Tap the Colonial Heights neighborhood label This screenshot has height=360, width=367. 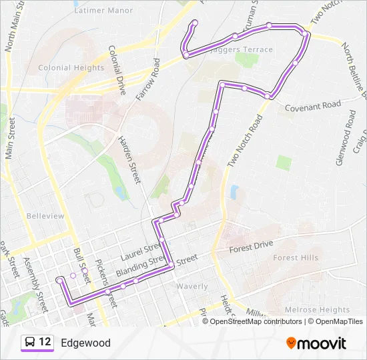[x=71, y=68]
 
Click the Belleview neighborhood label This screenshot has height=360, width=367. [x=45, y=216]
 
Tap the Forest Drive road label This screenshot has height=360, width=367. [x=252, y=246]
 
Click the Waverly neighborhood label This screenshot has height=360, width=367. [x=192, y=286]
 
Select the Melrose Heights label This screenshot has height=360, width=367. [x=317, y=310]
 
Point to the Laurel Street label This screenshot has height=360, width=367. [x=137, y=255]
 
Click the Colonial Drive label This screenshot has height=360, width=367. [x=117, y=69]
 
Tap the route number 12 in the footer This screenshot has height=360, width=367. [x=45, y=342]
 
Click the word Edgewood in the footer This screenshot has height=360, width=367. [x=85, y=343]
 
